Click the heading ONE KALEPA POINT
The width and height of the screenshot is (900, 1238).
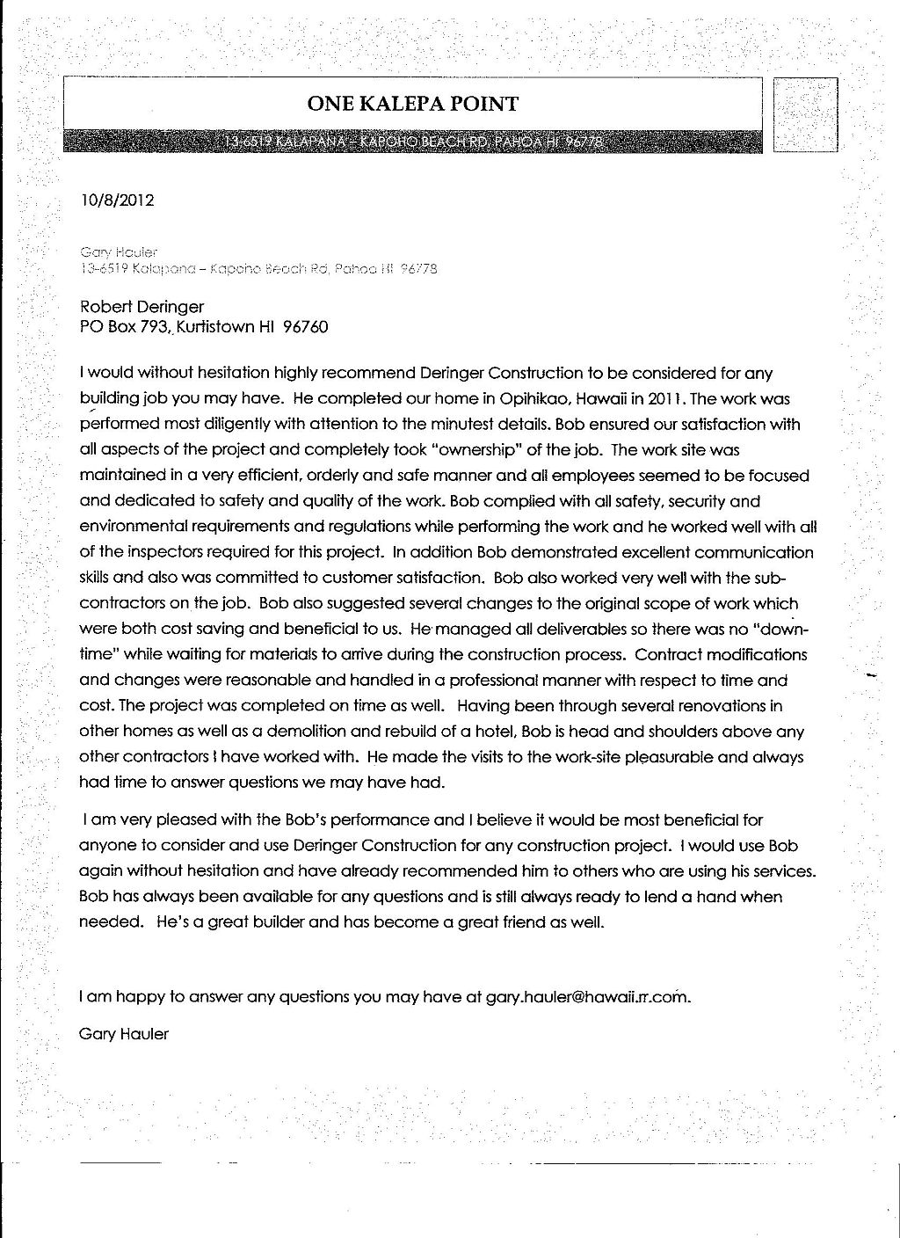click(x=412, y=105)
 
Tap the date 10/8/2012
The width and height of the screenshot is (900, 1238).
click(x=117, y=200)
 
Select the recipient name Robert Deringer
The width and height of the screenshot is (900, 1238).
click(x=142, y=306)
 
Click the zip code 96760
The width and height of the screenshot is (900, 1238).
click(x=305, y=328)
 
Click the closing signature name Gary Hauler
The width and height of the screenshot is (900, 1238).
click(x=123, y=1033)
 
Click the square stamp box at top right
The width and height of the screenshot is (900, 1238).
click(x=805, y=115)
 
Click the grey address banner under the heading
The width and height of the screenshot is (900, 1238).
click(x=412, y=142)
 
